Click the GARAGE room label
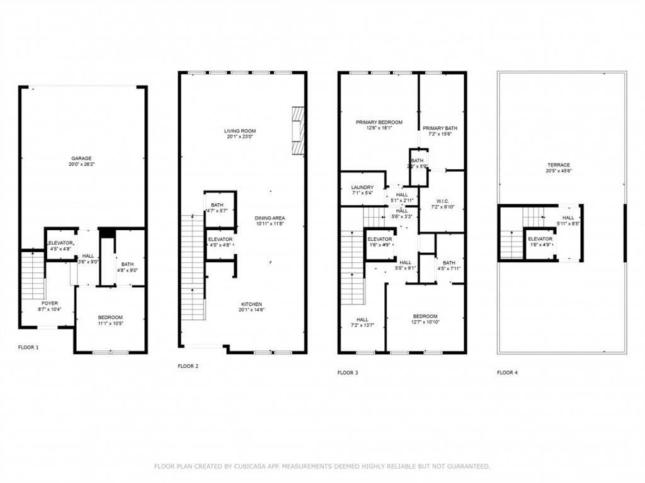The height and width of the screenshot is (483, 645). (x=82, y=158)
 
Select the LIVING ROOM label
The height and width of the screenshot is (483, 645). (x=240, y=131)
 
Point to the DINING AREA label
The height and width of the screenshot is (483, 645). (x=270, y=218)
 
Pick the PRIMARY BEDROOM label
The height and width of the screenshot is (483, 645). (x=379, y=122)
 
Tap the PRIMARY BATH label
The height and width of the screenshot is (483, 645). (x=440, y=128)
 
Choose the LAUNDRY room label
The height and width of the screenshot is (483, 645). (x=362, y=187)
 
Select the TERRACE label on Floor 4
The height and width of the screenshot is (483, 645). (x=559, y=165)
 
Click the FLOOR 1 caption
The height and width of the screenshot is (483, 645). (x=28, y=347)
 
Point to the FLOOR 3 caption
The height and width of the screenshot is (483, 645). (x=348, y=373)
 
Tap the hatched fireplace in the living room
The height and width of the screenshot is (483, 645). (x=297, y=130)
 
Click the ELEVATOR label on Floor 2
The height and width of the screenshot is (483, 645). (x=220, y=239)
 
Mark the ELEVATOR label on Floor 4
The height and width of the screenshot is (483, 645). (x=540, y=239)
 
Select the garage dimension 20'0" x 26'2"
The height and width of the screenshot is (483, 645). (x=82, y=164)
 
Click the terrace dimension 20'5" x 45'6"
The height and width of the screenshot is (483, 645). (x=559, y=171)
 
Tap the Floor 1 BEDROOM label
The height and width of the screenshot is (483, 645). (x=110, y=317)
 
